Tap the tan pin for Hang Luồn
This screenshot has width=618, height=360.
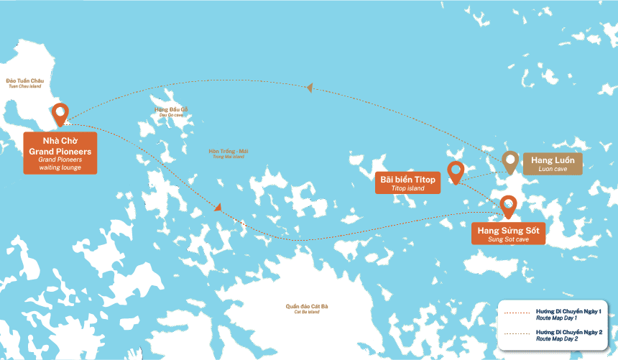click(510, 162)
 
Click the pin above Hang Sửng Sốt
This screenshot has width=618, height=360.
click(508, 206)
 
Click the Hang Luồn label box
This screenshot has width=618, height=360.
click(552, 163)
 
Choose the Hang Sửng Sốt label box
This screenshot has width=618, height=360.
click(508, 234)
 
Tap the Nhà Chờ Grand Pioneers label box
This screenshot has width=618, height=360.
click(60, 152)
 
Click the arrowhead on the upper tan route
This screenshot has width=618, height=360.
click(310, 88)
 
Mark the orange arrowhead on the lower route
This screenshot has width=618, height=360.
click(216, 208)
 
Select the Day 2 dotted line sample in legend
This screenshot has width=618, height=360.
click(517, 334)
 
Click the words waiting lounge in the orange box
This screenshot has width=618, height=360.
click(60, 167)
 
